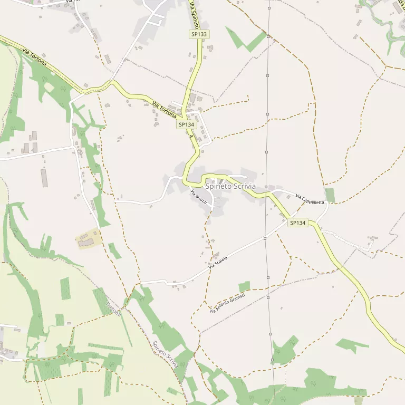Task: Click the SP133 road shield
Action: coord(199,34)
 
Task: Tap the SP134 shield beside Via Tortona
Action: coord(186,124)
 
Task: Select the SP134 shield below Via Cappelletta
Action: coord(297,223)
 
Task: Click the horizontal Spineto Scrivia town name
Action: coord(230,187)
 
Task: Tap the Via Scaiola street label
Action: coord(218,262)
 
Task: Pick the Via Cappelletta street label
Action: coord(310,200)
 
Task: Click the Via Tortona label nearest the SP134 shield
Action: coord(164,108)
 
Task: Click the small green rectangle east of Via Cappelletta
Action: coord(330,195)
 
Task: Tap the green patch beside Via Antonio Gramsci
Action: coord(244,287)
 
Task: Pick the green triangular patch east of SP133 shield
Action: coord(248,41)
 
